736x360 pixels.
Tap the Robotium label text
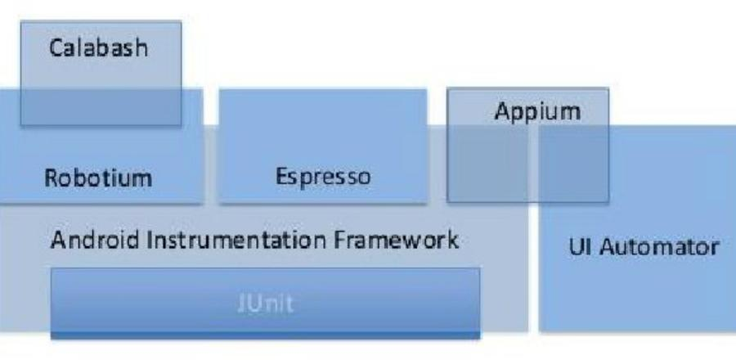[98, 178]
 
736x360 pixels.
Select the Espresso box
[322, 139]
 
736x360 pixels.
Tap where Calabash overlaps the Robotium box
[98, 106]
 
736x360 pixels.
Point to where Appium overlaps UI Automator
[572, 164]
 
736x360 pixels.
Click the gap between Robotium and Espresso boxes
[210, 147]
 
